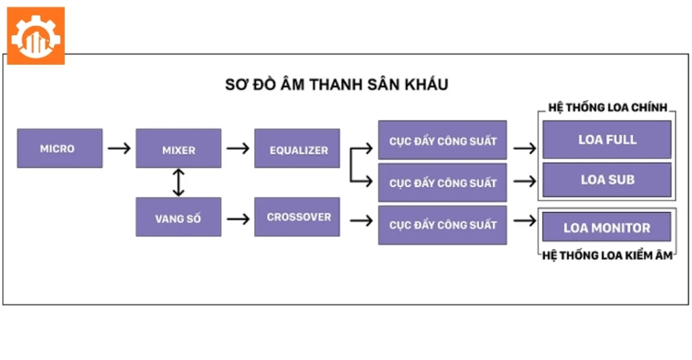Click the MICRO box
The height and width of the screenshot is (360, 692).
tap(59, 148)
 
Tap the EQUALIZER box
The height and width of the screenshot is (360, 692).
tap(297, 149)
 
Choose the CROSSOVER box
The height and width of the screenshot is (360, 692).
tap(297, 217)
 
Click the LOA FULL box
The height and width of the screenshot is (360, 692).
tap(607, 140)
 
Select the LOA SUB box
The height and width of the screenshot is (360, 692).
tap(607, 180)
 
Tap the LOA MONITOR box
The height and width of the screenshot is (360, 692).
tap(607, 227)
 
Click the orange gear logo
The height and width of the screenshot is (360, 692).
tap(36, 36)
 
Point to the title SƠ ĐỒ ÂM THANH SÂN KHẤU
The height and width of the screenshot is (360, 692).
tap(337, 85)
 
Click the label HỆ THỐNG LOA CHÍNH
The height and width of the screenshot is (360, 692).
tap(608, 107)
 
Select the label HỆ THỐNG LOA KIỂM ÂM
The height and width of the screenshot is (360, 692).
tap(608, 256)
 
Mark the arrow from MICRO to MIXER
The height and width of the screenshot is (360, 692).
tap(119, 148)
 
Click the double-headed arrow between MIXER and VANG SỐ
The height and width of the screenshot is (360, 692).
tap(178, 182)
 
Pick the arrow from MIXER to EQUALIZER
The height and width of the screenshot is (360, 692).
tap(238, 148)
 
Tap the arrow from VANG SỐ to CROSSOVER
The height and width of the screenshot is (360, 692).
tap(238, 218)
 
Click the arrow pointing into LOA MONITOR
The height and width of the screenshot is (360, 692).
tap(524, 220)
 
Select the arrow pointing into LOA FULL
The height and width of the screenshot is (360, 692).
tap(524, 147)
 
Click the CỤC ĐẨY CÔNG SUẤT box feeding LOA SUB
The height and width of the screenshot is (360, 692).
tap(443, 182)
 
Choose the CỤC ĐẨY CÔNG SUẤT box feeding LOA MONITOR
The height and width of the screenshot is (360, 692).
tap(443, 225)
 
